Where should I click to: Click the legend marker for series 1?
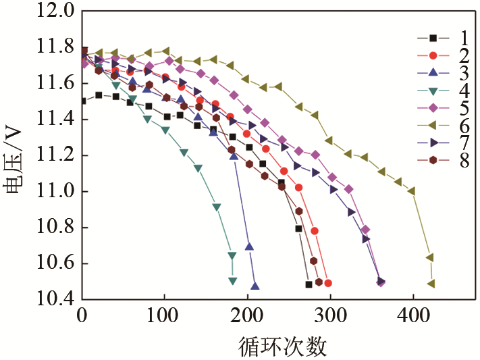(x=433, y=37)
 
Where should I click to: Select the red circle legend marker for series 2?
(x=433, y=55)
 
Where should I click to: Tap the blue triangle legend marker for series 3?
(x=433, y=72)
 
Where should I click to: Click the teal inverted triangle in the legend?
(x=433, y=90)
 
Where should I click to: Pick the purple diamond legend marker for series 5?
(x=433, y=107)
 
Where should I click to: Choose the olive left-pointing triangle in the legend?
(x=433, y=125)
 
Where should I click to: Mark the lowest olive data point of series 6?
(x=431, y=284)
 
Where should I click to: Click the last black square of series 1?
(x=309, y=284)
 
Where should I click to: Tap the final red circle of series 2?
(x=327, y=284)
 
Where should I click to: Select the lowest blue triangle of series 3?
(x=255, y=286)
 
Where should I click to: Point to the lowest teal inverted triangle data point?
(x=232, y=280)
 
